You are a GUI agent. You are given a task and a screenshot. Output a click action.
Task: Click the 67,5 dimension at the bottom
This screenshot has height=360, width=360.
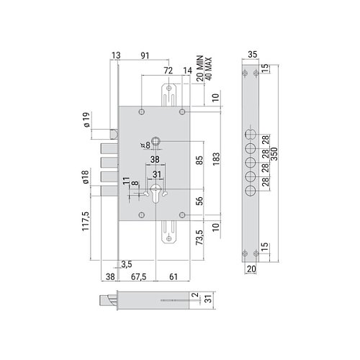[x=140, y=276]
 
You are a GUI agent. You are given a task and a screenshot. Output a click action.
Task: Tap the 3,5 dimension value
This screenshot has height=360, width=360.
[x=127, y=264]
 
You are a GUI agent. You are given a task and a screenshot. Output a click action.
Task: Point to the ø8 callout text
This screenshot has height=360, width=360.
[x=147, y=144]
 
